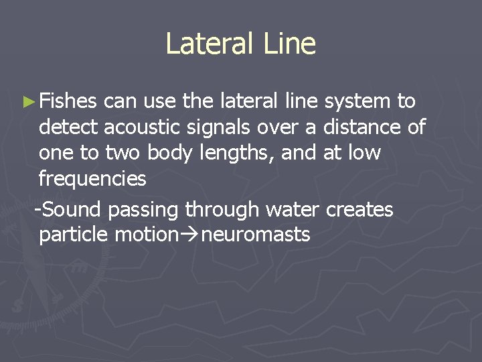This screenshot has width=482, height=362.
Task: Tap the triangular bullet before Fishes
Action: click(27, 103)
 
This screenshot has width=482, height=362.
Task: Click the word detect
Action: click(69, 127)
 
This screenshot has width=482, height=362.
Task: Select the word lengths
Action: click(238, 153)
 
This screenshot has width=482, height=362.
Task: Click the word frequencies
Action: click(92, 178)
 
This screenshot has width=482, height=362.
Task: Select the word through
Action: click(222, 210)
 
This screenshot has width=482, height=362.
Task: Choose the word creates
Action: click(359, 210)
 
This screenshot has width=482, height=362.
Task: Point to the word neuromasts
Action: click(260, 235)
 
